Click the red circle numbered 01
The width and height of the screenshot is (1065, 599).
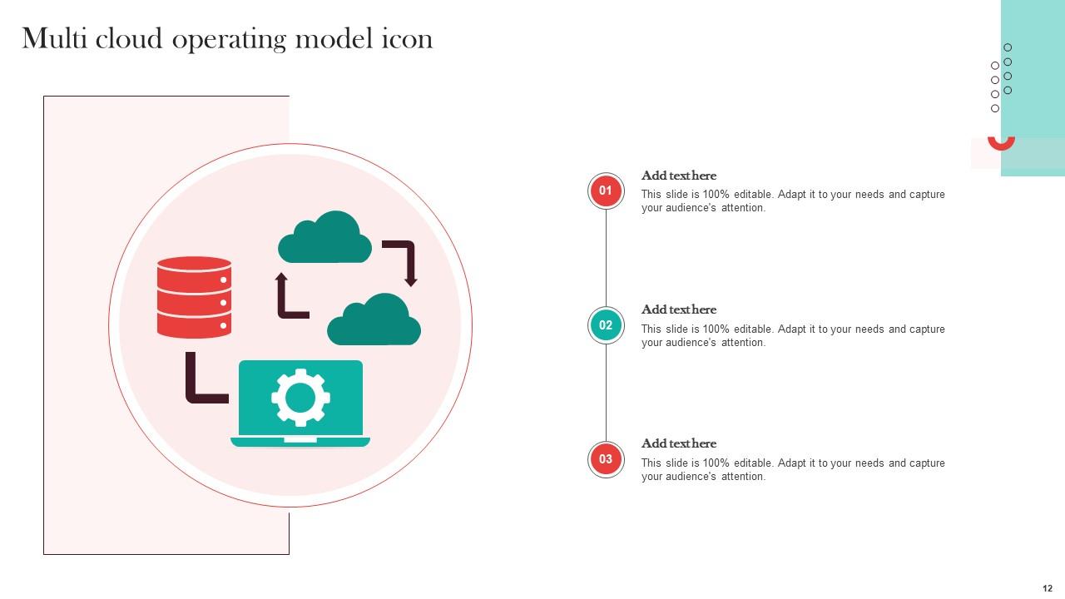[x=606, y=191]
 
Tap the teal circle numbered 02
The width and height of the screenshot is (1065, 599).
[x=606, y=325]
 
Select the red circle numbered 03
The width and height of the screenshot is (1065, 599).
[x=606, y=459]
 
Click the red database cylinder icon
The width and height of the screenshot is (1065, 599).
[x=194, y=297]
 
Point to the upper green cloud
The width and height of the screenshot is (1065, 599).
[x=324, y=239]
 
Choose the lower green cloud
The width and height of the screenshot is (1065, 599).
[x=374, y=321]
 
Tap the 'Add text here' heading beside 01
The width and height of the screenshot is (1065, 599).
[x=678, y=176]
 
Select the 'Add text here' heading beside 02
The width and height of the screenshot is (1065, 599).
[x=678, y=309]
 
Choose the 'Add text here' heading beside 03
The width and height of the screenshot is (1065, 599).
[x=678, y=443]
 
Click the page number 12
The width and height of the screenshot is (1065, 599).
[x=1048, y=588]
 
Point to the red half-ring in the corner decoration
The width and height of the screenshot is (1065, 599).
[x=1001, y=145]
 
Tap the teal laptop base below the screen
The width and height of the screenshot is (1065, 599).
[x=300, y=442]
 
